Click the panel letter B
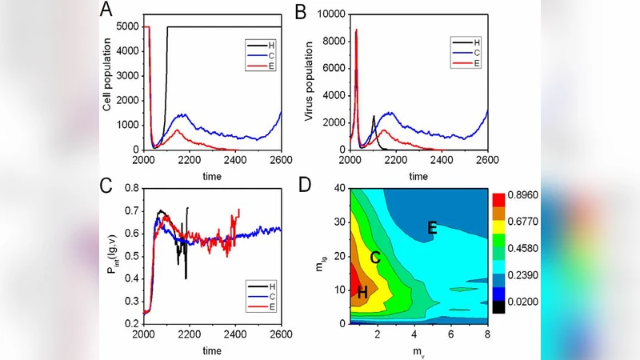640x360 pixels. pos(302,11)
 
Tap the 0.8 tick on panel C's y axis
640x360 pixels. pos(130,189)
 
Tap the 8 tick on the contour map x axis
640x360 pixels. pos(487,332)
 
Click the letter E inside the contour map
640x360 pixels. pos(432,229)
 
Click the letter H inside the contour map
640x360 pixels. pos(362,293)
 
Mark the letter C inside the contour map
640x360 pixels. pos(374,258)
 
